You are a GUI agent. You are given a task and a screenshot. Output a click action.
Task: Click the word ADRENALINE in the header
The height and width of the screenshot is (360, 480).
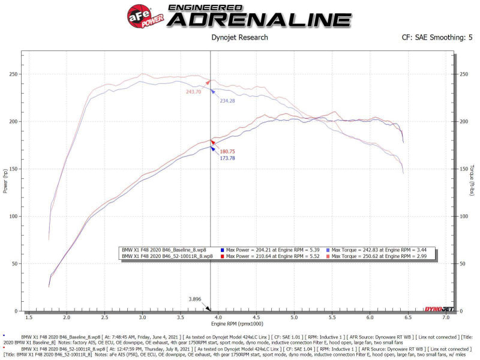pos(259,19)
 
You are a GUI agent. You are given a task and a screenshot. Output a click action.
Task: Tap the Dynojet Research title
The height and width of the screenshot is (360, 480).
pos(240,37)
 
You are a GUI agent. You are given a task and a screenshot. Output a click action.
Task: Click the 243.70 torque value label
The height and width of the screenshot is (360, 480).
pos(194,91)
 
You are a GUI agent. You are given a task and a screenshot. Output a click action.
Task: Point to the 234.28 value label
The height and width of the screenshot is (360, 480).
pos(227,100)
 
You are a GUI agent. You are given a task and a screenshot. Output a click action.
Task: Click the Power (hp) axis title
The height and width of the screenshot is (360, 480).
pos(5,180)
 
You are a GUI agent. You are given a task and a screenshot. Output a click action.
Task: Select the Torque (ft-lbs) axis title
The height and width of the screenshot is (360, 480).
pos(473,180)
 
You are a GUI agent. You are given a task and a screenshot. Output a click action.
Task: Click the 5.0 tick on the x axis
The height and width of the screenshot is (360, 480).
pos(294,317)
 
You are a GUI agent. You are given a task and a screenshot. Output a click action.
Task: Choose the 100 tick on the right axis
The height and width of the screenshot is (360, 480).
pos(462,217)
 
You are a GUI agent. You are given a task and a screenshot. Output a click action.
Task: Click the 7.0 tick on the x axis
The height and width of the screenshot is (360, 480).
pos(446,317)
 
